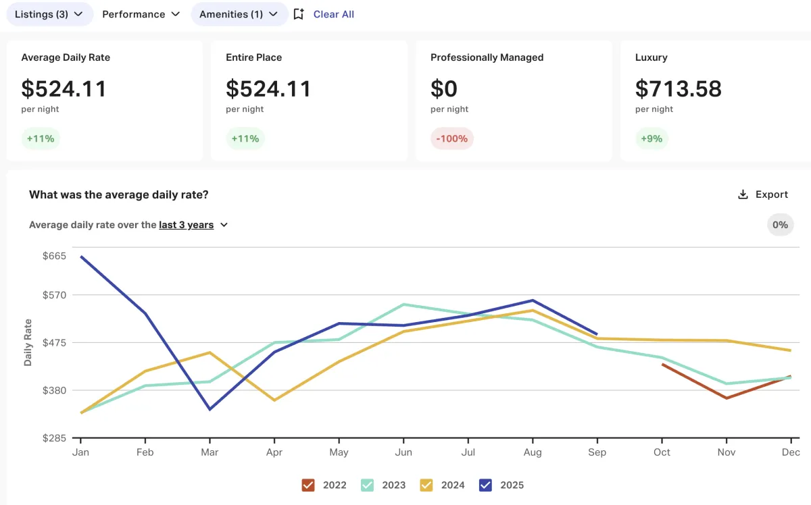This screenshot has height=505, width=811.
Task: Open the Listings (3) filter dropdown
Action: (49, 14)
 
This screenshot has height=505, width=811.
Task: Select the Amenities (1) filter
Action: (239, 14)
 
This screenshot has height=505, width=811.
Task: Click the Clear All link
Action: (333, 14)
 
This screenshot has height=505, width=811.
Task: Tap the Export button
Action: (763, 194)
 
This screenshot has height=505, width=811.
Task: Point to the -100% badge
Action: (451, 138)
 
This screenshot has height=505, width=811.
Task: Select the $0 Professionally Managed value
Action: (444, 88)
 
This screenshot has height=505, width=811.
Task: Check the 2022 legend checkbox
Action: (308, 485)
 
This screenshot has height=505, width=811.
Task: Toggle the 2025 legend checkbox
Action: (485, 485)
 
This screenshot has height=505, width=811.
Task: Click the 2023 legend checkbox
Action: (367, 485)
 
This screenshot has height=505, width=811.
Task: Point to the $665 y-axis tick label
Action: (54, 256)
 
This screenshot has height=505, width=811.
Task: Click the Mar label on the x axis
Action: (210, 452)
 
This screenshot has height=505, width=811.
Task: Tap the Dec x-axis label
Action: (791, 452)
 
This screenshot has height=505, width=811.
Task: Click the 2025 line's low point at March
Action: (210, 409)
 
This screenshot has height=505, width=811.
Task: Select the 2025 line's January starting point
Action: (81, 257)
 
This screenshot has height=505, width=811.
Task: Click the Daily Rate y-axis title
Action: (28, 342)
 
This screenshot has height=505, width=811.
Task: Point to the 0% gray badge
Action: (780, 225)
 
